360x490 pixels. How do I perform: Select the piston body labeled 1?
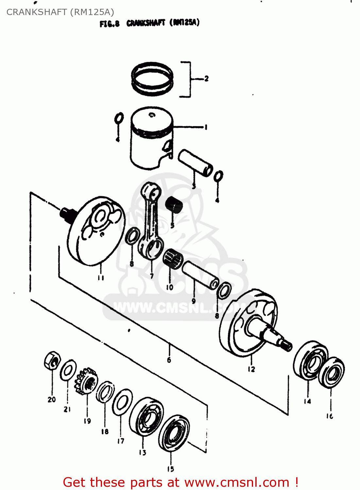click(151, 137)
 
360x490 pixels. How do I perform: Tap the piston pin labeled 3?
click(195, 162)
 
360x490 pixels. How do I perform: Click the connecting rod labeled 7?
click(151, 222)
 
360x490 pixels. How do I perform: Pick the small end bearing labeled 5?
click(173, 205)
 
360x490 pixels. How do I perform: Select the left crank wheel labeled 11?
click(96, 230)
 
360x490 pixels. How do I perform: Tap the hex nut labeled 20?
click(51, 361)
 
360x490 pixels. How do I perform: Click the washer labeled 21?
click(68, 370)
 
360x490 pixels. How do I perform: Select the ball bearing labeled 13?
click(146, 416)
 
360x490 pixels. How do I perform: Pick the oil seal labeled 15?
click(174, 433)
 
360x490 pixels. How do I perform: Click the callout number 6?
click(169, 360)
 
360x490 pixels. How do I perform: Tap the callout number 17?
click(121, 441)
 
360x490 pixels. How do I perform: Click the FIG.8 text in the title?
click(110, 24)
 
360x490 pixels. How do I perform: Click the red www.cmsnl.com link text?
click(237, 482)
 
